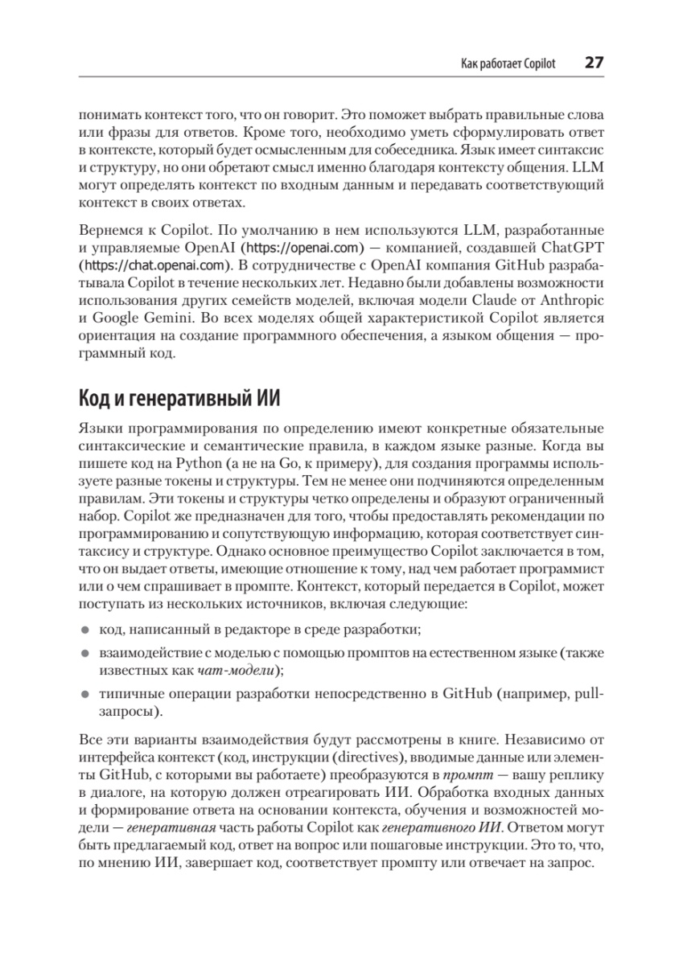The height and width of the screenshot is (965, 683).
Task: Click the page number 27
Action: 593,63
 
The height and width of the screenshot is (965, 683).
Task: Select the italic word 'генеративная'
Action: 171,831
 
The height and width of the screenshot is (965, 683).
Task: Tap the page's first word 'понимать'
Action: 109,113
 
